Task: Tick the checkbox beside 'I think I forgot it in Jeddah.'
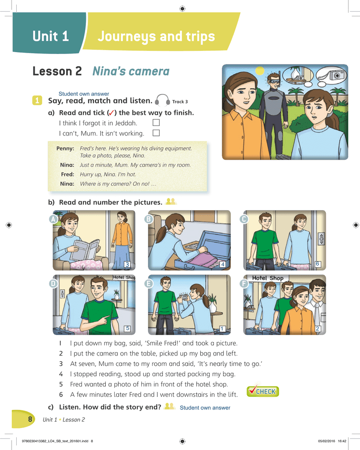[x=156, y=122]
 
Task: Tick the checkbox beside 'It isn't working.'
[x=156, y=133]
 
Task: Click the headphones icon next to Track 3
[x=162, y=100]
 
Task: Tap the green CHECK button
[x=263, y=391]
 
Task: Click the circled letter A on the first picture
[x=53, y=219]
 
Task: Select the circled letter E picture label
[x=148, y=283]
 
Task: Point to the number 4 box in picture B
[x=222, y=264]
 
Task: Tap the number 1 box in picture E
[x=222, y=328]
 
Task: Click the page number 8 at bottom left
[x=30, y=419]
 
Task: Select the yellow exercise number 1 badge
[x=37, y=100]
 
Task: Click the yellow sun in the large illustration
[x=260, y=71]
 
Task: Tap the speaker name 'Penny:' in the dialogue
[x=65, y=148]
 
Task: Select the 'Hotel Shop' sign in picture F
[x=268, y=278]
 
